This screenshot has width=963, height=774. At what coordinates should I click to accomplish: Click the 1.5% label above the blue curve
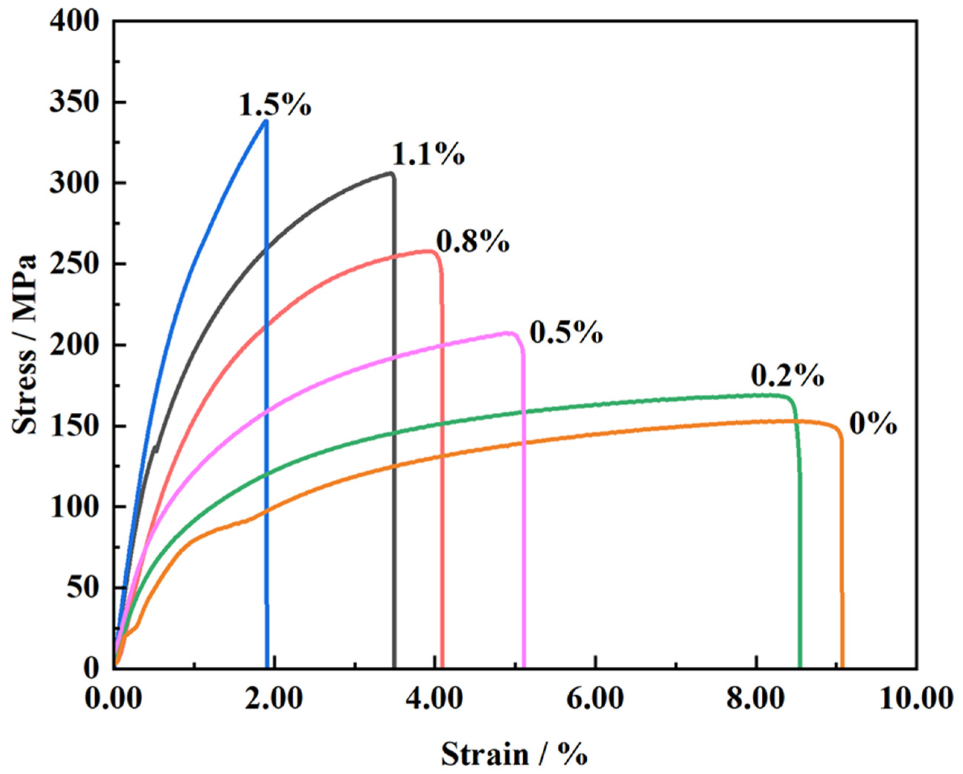coord(274,105)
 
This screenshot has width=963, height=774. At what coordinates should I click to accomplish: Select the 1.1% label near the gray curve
coord(428,155)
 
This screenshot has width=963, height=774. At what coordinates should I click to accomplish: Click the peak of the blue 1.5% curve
coord(266,121)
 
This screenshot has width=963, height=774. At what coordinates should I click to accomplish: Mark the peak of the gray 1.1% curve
coord(391,173)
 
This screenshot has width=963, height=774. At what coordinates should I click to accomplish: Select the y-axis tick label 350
coord(74,103)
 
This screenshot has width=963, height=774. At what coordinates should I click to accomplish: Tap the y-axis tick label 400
coord(74,22)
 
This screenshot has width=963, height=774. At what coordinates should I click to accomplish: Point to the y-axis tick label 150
coord(74,427)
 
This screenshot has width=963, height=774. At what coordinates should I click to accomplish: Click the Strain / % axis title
coord(514,755)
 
